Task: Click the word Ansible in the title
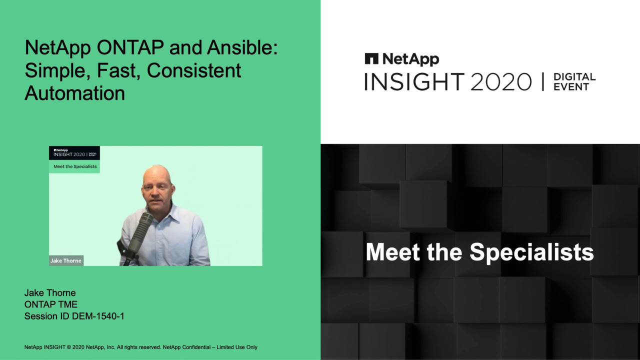pos(242,47)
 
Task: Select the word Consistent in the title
pos(194,70)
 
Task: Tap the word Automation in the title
pos(75,93)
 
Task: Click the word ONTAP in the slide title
pos(130,47)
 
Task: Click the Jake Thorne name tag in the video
pos(66,260)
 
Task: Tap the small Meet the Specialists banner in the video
pos(75,166)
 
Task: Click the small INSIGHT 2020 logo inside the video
pos(74,153)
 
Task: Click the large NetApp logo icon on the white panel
pos(371,58)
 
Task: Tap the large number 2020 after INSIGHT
pos(501,82)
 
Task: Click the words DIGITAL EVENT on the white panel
pos(574,82)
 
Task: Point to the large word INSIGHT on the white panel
pos(414,82)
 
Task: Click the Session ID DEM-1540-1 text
pos(74,316)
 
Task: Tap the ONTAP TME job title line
pos(51,304)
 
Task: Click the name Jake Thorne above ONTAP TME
pos(50,293)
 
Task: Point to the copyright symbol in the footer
pos(69,347)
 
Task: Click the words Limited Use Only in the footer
pos(237,347)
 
